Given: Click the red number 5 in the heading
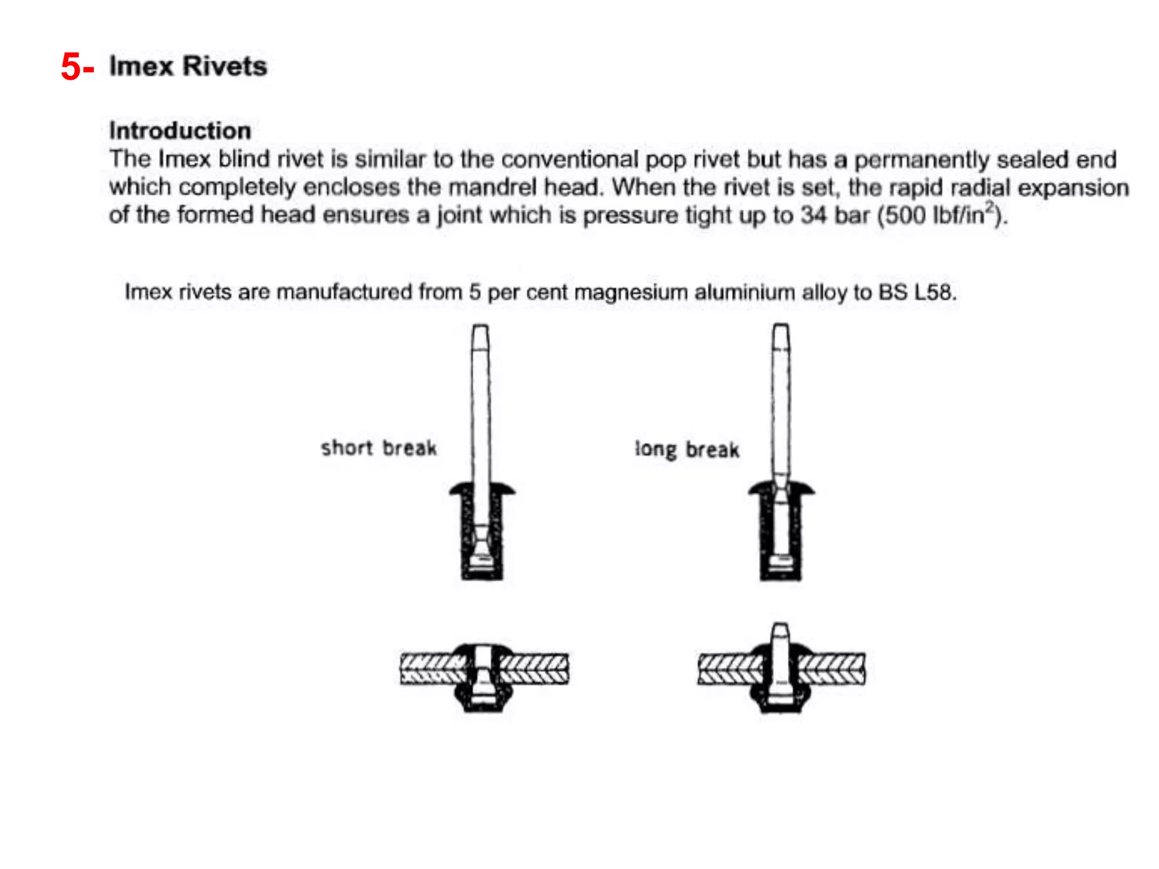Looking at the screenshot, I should pyautogui.click(x=71, y=67).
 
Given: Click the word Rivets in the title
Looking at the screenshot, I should pyautogui.click(x=225, y=66).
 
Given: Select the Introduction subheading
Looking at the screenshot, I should pyautogui.click(x=180, y=131).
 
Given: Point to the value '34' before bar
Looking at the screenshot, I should pyautogui.click(x=813, y=216).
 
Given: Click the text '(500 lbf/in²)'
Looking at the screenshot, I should pyautogui.click(x=942, y=215).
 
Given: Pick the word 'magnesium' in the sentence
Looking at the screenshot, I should pyautogui.click(x=631, y=292).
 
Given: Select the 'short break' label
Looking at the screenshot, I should pyautogui.click(x=379, y=448).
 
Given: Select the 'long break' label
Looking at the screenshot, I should pyautogui.click(x=687, y=450).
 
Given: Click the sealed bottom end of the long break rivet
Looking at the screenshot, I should pyautogui.click(x=781, y=575).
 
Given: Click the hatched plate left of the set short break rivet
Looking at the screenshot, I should pyautogui.click(x=430, y=669).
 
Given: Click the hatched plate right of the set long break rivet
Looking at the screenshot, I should pyautogui.click(x=833, y=669).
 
